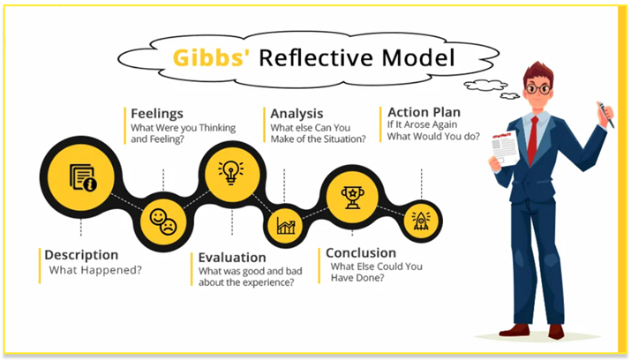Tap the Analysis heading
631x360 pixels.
(296, 114)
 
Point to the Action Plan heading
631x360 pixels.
(424, 114)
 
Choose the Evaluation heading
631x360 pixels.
(233, 258)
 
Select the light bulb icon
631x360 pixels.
(230, 169)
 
